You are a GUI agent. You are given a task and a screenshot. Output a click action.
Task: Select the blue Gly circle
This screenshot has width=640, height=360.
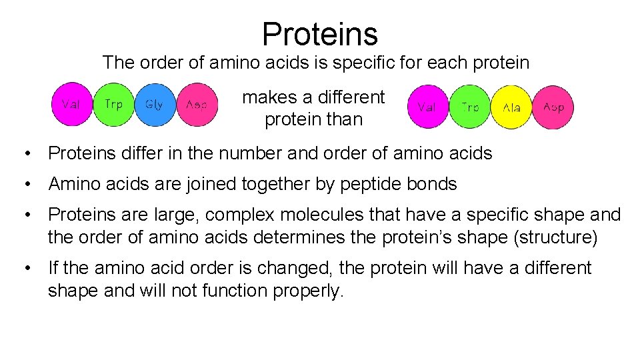pyautogui.click(x=155, y=104)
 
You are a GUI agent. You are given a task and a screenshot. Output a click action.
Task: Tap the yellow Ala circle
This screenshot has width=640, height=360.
pyautogui.click(x=511, y=107)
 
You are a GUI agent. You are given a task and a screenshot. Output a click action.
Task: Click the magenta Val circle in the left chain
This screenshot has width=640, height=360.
pyautogui.click(x=73, y=104)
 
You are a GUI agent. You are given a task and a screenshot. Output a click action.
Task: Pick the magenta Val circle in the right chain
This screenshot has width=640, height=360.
pyautogui.click(x=427, y=107)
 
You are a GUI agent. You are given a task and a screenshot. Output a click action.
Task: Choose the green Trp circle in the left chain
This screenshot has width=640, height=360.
pyautogui.click(x=114, y=104)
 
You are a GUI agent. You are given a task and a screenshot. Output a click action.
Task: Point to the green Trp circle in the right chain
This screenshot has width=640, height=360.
pyautogui.click(x=469, y=107)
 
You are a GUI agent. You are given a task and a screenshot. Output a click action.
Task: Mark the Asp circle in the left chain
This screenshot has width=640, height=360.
pyautogui.click(x=197, y=104)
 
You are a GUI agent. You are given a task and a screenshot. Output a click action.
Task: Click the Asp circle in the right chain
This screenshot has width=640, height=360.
pyautogui.click(x=553, y=107)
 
